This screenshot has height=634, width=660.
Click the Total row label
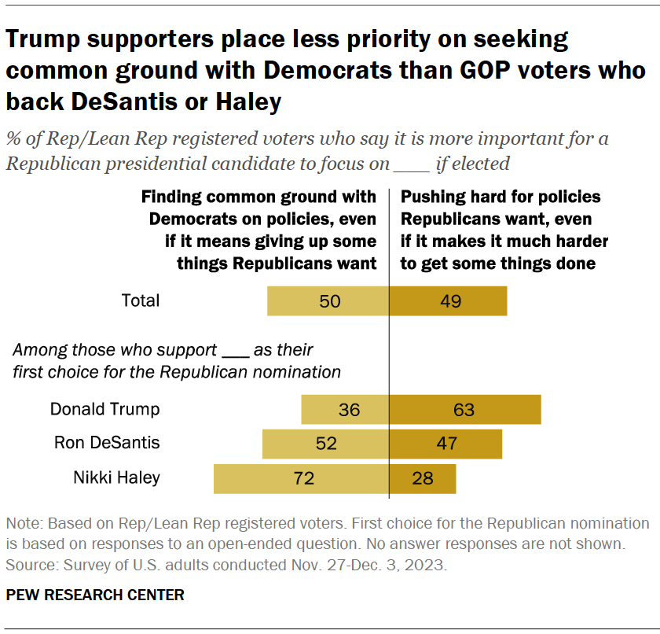141,300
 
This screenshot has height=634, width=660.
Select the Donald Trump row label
104,409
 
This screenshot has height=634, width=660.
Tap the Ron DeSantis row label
107,443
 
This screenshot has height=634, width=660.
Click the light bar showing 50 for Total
328,300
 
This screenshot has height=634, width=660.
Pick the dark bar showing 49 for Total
449,300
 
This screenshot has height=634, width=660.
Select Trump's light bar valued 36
345,409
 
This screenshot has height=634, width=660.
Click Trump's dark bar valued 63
465,409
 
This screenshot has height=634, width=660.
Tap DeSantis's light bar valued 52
326,443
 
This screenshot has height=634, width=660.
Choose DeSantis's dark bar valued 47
446,443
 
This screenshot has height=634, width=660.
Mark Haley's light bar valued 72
302,477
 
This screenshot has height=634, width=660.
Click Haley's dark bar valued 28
423,477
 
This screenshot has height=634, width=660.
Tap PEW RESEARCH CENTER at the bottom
95,595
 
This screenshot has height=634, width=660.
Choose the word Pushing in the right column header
429,197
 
